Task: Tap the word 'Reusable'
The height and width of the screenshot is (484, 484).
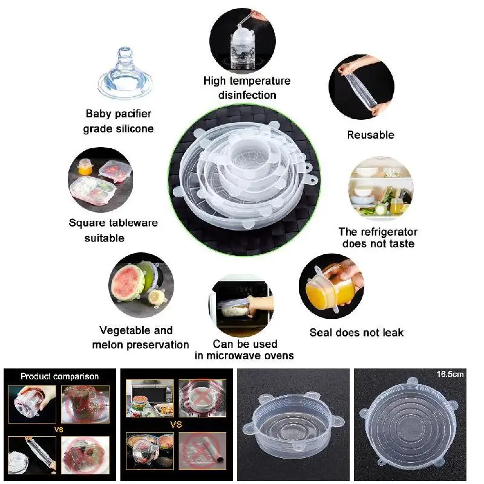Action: [x=370, y=135]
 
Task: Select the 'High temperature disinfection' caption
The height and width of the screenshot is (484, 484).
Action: [x=247, y=88]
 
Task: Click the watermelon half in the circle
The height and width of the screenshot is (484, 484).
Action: [x=128, y=284]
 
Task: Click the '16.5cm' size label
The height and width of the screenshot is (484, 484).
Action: [x=451, y=374]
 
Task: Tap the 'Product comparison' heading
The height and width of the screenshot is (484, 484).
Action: [x=59, y=376]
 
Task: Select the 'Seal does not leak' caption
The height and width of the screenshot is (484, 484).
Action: [x=356, y=333]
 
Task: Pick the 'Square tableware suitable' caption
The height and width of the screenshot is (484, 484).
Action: [x=113, y=231]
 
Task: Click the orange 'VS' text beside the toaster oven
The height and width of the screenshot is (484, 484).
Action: [x=175, y=424]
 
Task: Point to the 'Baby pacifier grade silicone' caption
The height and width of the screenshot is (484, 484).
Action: [x=119, y=121]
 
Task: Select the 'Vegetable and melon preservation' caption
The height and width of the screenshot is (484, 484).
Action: [x=140, y=338]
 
